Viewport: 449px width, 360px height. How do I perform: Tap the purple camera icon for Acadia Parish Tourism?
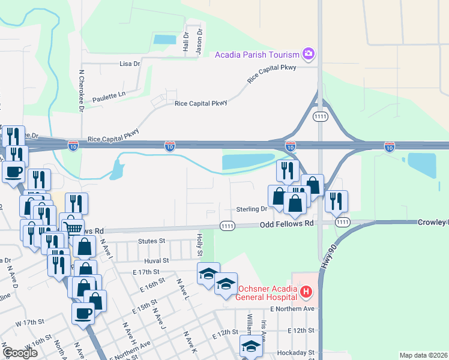[309, 55]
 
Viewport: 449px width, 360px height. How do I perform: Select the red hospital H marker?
[306, 292]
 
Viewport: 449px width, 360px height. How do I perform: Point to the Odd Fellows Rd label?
[287, 224]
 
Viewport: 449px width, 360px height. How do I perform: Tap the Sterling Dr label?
[252, 209]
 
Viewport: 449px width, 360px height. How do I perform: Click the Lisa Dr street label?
[130, 63]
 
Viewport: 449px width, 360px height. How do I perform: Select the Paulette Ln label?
[109, 95]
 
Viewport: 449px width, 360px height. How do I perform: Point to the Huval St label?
[157, 261]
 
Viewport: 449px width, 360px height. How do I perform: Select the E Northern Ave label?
[292, 308]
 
